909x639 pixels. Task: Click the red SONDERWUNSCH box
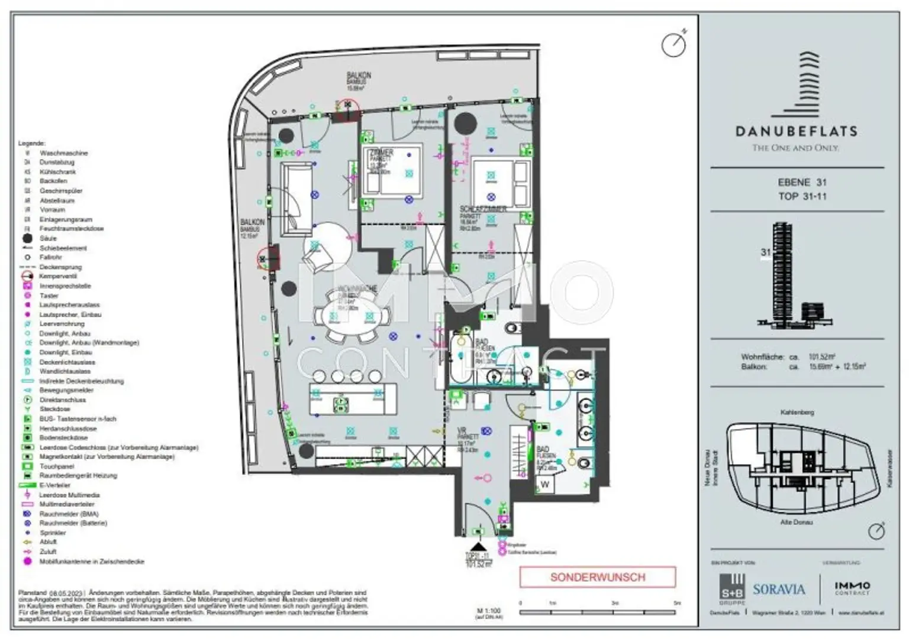[597, 577]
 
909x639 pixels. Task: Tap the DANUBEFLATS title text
[796, 132]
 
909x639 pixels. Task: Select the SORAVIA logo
[779, 589]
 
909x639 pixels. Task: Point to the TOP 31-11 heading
[802, 196]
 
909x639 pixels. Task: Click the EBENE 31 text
[802, 183]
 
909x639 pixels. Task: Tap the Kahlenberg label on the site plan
[797, 412]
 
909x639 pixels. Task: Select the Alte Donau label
[796, 522]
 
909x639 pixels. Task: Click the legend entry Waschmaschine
[63, 153]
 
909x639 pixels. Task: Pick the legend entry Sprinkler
[53, 533]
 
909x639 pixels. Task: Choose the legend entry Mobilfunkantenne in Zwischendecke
[91, 562]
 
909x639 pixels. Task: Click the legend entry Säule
[48, 238]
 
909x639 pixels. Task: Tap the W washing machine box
[544, 485]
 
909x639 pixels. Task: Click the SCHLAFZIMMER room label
[483, 209]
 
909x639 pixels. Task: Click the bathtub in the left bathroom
[460, 360]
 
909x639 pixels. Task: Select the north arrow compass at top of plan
[673, 44]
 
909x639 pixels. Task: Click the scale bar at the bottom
[598, 612]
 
